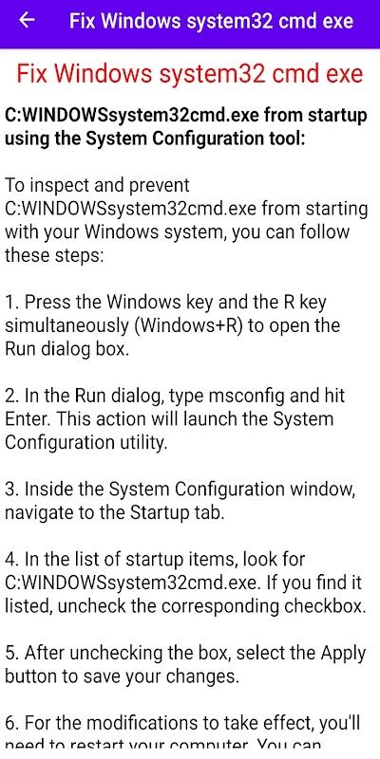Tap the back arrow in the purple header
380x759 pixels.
pyautogui.click(x=27, y=20)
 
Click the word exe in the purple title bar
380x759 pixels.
pyautogui.click(x=336, y=21)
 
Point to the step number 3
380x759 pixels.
pyautogui.click(x=12, y=490)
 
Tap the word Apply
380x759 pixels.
pyautogui.click(x=343, y=654)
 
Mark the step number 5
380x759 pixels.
pyautogui.click(x=12, y=654)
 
